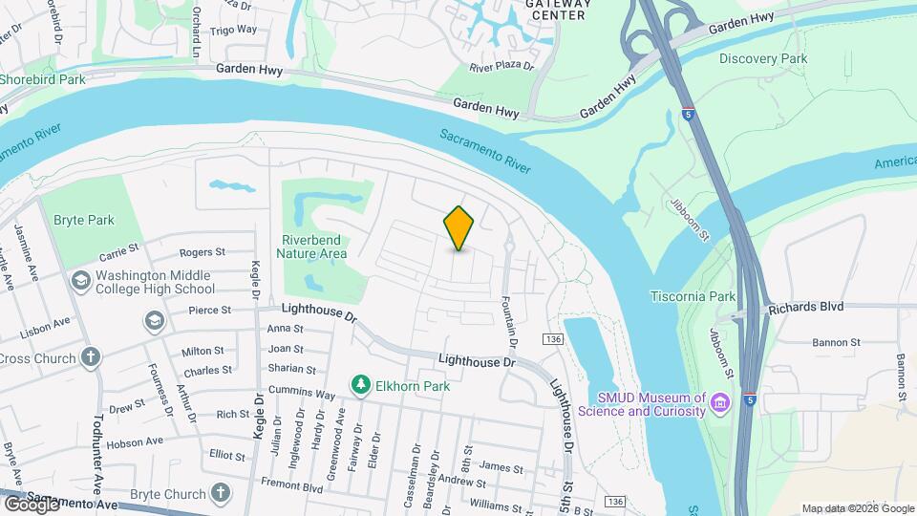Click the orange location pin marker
pyautogui.click(x=459, y=228)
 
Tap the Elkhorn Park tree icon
pyautogui.click(x=361, y=385)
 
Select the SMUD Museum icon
pyautogui.click(x=721, y=404)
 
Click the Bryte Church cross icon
pyautogui.click(x=221, y=493)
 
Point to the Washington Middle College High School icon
pyautogui.click(x=80, y=282)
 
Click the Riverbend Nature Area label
pyautogui.click(x=311, y=247)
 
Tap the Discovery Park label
pyautogui.click(x=763, y=58)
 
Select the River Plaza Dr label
pyautogui.click(x=502, y=68)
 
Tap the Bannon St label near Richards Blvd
pyautogui.click(x=836, y=342)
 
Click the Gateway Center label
pyautogui.click(x=558, y=10)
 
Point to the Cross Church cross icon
pyautogui.click(x=91, y=358)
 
